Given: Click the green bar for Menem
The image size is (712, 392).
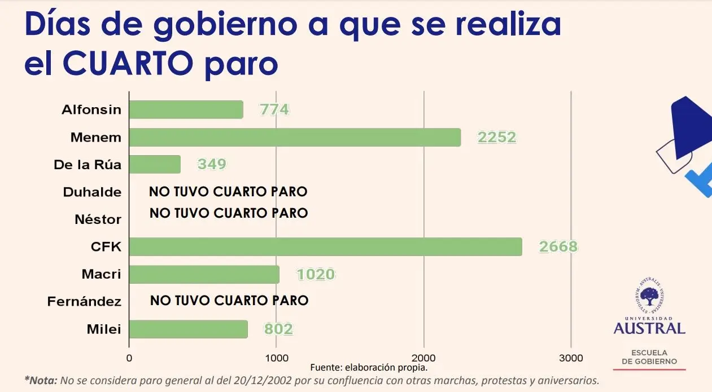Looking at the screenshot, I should click(x=295, y=137).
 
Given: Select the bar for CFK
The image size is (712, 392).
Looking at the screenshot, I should click(x=325, y=247).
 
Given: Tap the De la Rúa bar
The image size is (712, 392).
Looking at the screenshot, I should click(x=155, y=164).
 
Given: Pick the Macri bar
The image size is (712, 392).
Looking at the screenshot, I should click(x=204, y=275).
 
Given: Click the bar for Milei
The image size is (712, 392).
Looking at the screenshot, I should click(x=188, y=329).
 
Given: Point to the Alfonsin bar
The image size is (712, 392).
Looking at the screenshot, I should click(x=186, y=109).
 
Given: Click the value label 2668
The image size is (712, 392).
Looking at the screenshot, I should click(x=558, y=247).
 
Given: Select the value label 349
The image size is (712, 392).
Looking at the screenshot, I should click(x=212, y=164).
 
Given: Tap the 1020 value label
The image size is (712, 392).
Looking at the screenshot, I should click(x=316, y=275).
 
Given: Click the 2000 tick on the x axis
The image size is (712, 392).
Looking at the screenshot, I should click(x=423, y=358).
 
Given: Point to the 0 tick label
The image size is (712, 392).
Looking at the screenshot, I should click(x=129, y=358).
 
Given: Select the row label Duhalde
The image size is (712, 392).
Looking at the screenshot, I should click(x=92, y=192).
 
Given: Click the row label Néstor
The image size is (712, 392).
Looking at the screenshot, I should click(x=98, y=219).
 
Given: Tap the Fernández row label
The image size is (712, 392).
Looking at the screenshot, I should click(x=84, y=302).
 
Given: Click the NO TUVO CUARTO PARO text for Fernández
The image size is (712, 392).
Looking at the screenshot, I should click(x=229, y=301).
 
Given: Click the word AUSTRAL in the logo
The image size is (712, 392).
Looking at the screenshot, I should click(x=649, y=328).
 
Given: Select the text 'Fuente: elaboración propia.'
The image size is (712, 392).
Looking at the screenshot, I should click(x=369, y=367).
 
